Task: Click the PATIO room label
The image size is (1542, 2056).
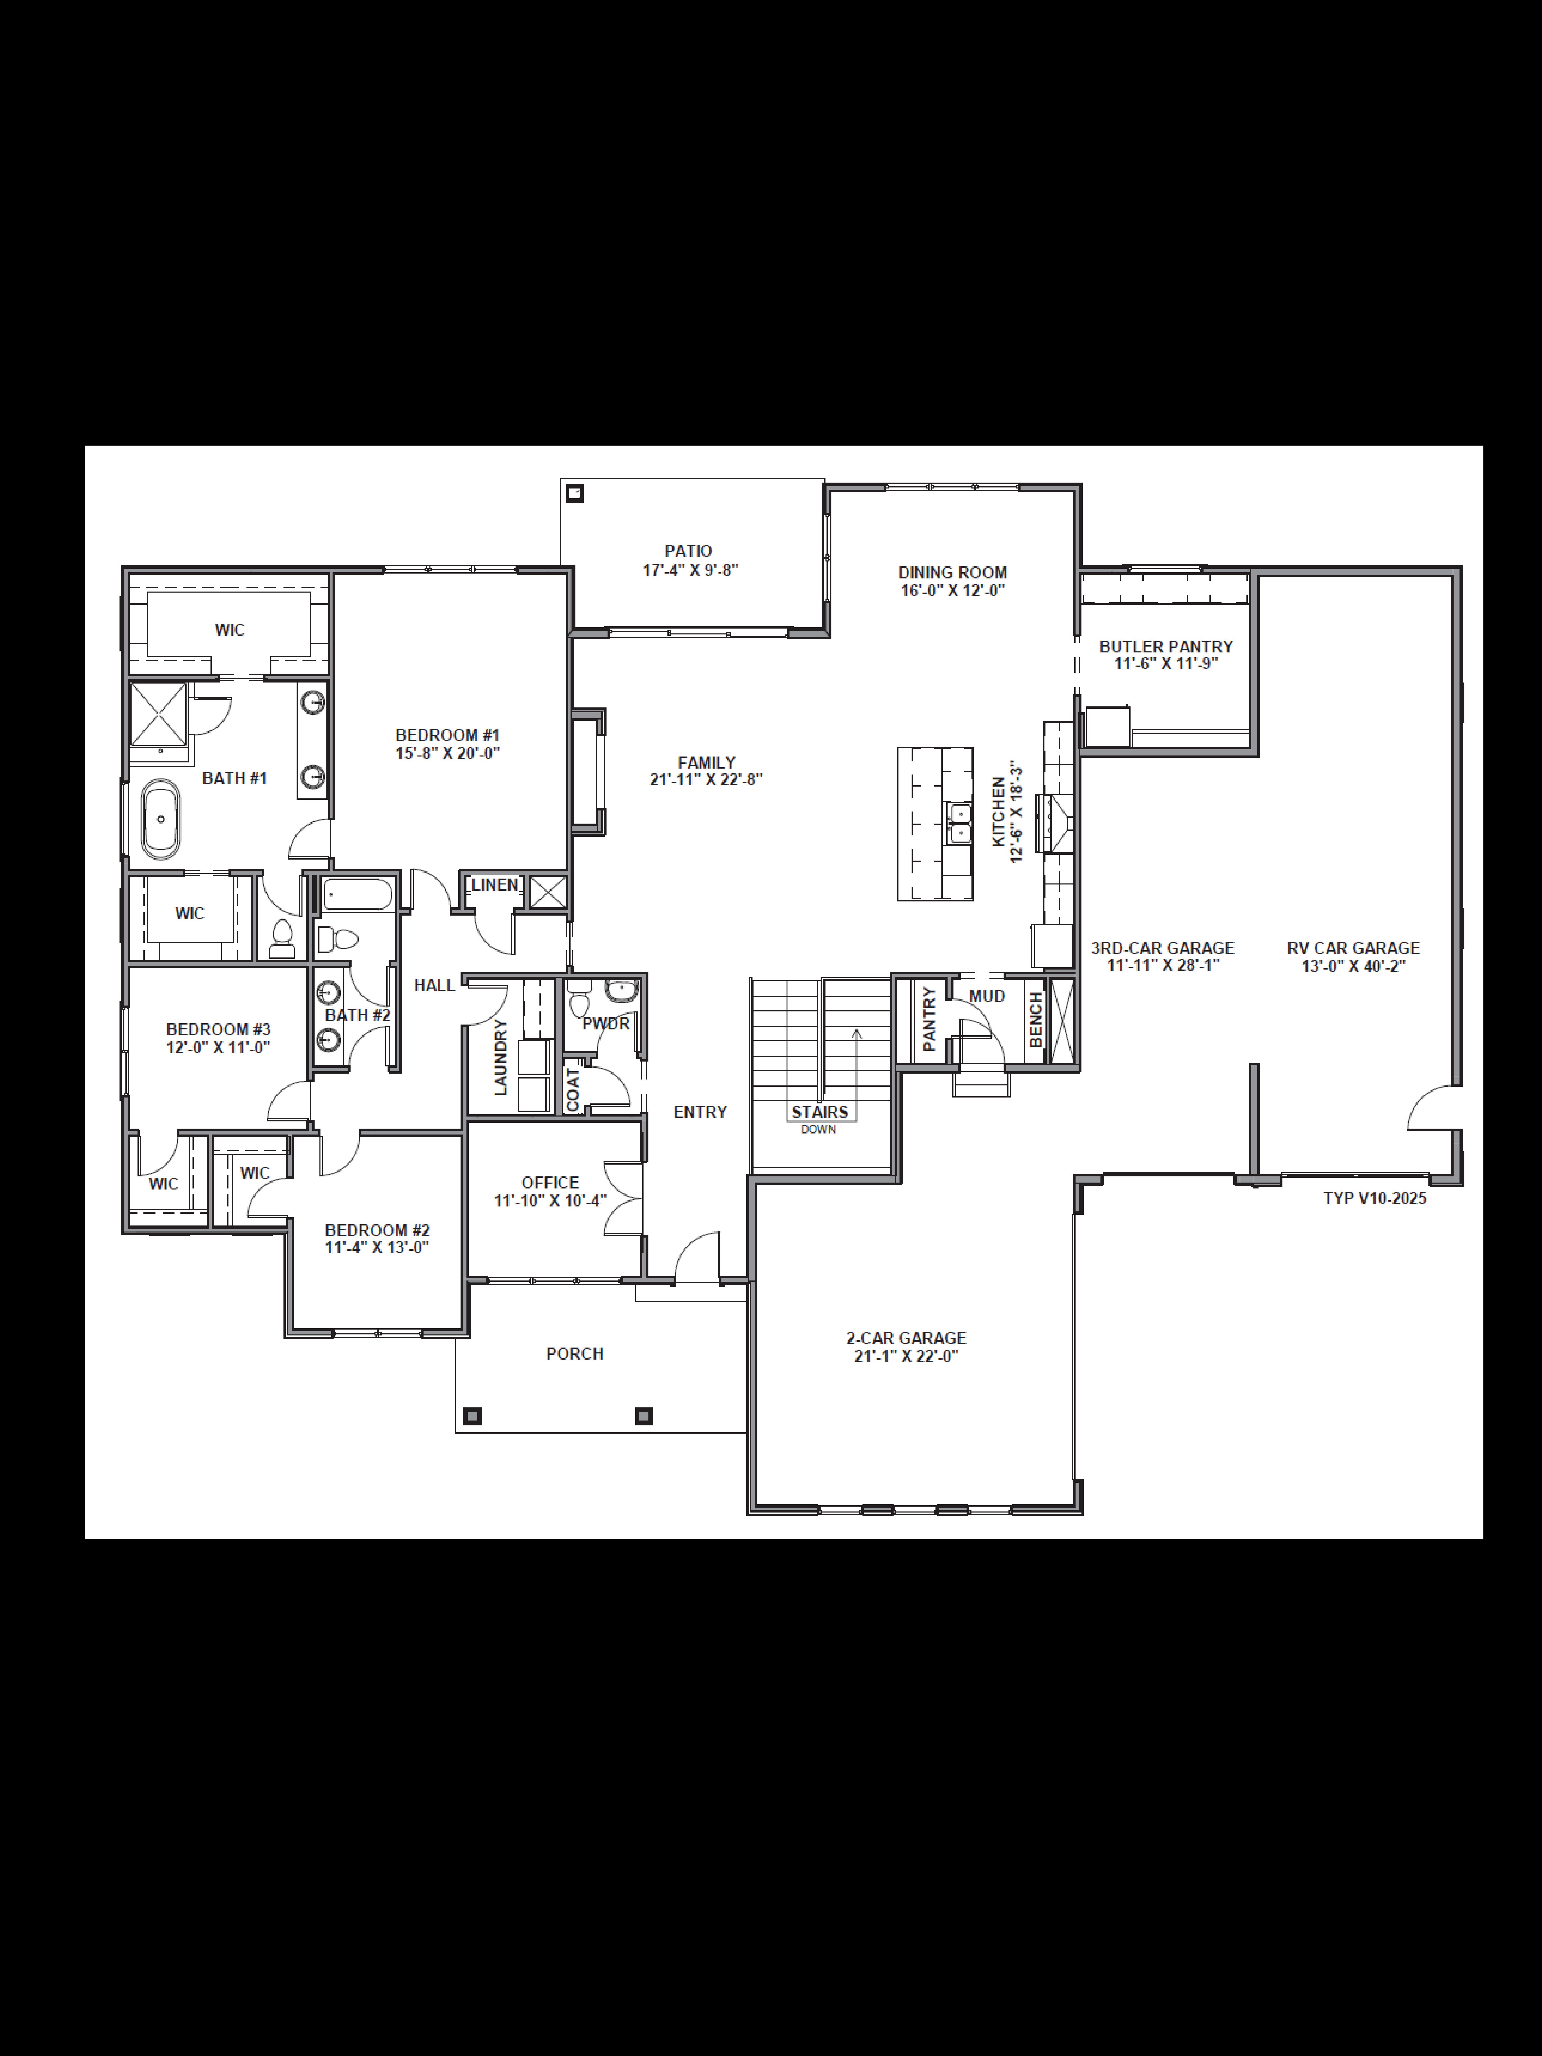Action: point(688,551)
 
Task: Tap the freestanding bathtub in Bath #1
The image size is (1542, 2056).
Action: point(161,819)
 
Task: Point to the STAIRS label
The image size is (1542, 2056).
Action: point(819,1112)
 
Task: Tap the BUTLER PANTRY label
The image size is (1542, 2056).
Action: point(1165,646)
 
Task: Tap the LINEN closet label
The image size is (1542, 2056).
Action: point(493,885)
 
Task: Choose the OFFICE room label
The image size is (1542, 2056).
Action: point(549,1182)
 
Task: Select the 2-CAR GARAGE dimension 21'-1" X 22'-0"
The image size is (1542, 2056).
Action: point(906,1356)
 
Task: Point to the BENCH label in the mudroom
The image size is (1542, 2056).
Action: point(1035,1020)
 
